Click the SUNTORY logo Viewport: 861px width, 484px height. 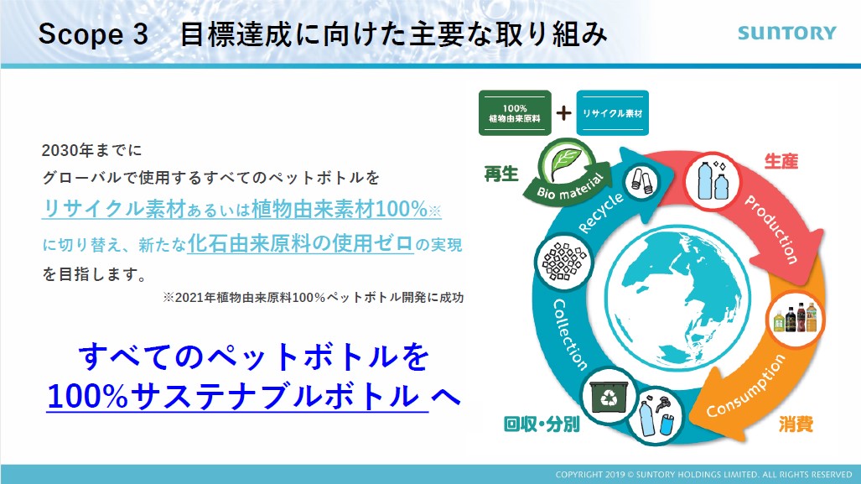[x=786, y=33]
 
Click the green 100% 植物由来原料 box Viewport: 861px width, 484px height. [x=515, y=112]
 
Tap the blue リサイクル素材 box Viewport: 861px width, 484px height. [x=612, y=112]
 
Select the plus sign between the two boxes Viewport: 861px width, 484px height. [x=563, y=112]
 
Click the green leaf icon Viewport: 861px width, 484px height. [x=566, y=163]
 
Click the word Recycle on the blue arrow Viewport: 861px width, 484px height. [x=601, y=212]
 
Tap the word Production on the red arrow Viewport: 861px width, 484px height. [x=771, y=228]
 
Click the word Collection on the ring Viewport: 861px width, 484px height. [x=570, y=334]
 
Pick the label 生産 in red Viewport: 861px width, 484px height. [x=781, y=161]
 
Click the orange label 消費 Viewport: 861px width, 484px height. [x=796, y=424]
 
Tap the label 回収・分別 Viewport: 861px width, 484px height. [x=542, y=424]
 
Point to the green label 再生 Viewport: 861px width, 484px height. [x=501, y=174]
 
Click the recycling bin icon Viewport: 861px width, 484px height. [x=609, y=397]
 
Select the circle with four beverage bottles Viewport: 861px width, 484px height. [x=796, y=319]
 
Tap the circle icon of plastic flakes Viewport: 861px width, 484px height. [x=564, y=262]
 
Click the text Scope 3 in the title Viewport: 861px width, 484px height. [x=93, y=34]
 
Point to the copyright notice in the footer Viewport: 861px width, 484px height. [x=703, y=474]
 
